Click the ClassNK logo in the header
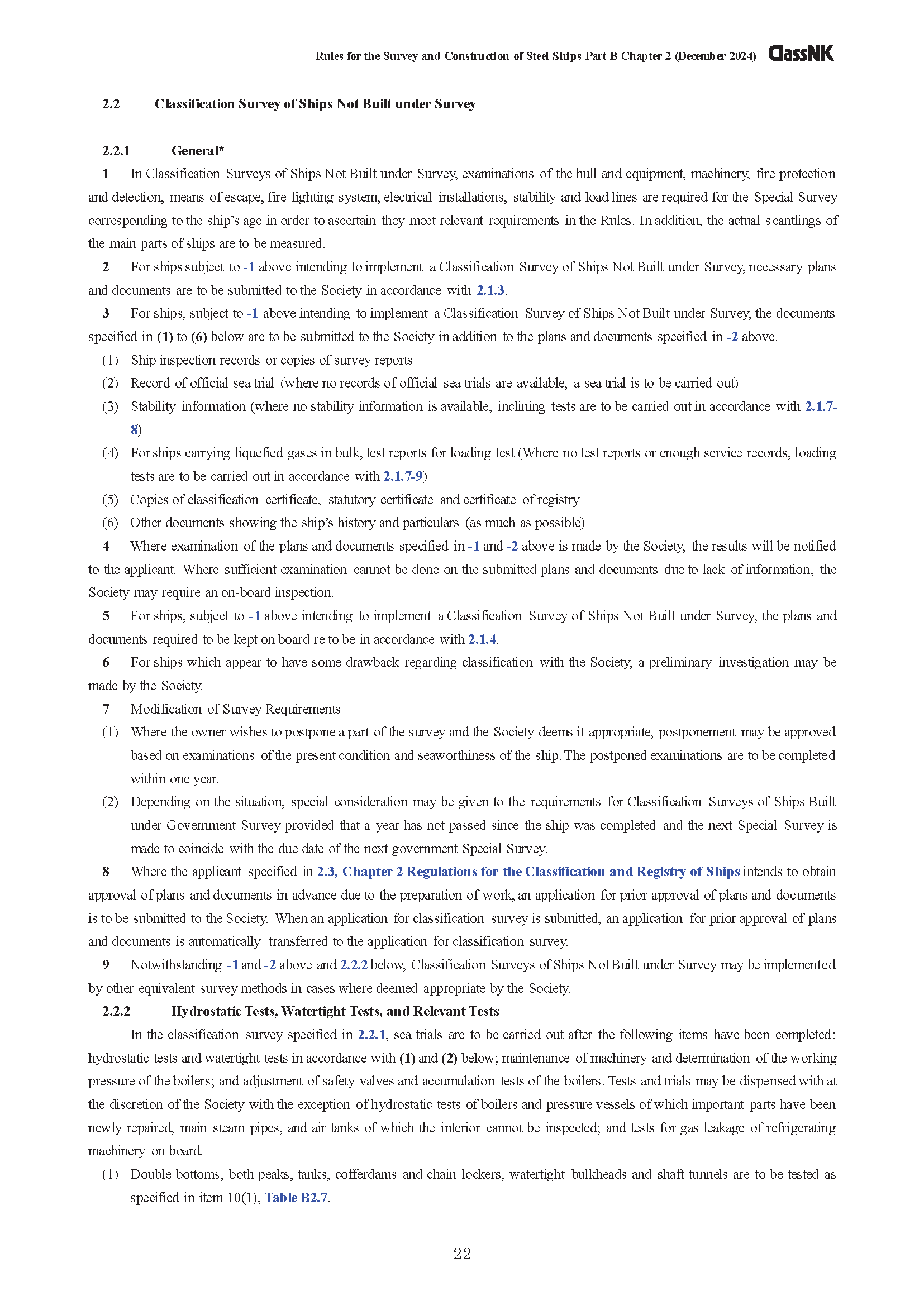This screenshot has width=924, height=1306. pyautogui.click(x=801, y=54)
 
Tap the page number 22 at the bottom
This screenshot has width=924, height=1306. pyautogui.click(x=462, y=1254)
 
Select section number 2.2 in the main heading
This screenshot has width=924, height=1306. pyautogui.click(x=111, y=104)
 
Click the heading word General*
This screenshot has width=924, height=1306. pyautogui.click(x=197, y=151)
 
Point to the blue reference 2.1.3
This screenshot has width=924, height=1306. pyautogui.click(x=490, y=290)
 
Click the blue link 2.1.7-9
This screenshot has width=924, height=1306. pyautogui.click(x=403, y=476)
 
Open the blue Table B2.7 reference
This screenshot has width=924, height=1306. pyautogui.click(x=296, y=1198)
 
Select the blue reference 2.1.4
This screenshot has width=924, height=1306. pyautogui.click(x=482, y=639)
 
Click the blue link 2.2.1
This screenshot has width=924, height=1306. pyautogui.click(x=371, y=1035)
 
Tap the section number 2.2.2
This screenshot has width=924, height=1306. pyautogui.click(x=116, y=1011)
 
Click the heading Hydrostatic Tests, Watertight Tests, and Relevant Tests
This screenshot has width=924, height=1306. pyautogui.click(x=335, y=1011)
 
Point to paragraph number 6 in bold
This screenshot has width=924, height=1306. pyautogui.click(x=106, y=663)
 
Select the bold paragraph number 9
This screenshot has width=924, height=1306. pyautogui.click(x=106, y=965)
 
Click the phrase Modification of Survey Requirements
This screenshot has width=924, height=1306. pyautogui.click(x=236, y=709)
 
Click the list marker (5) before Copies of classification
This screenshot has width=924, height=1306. pyautogui.click(x=110, y=500)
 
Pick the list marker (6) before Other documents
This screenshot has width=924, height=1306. pyautogui.click(x=110, y=523)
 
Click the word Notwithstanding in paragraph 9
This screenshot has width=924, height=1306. pyautogui.click(x=176, y=965)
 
